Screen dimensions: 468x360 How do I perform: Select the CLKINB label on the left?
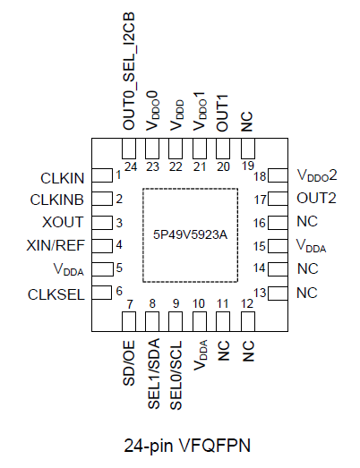pyautogui.click(x=59, y=199)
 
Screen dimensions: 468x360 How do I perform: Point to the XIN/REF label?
pyautogui.click(x=58, y=244)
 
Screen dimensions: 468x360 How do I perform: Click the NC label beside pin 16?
pyautogui.click(x=307, y=222)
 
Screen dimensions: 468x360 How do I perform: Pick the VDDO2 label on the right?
pyautogui.click(x=316, y=176)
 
